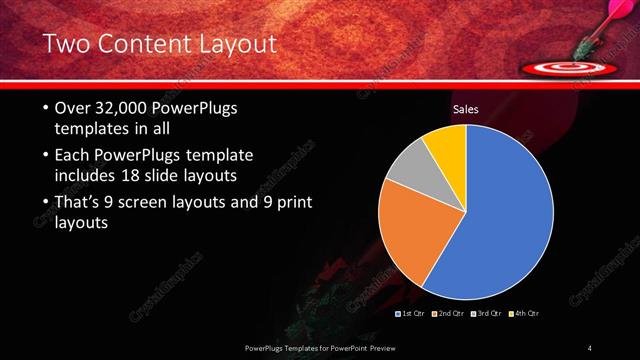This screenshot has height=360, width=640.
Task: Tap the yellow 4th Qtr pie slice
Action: click(446, 148)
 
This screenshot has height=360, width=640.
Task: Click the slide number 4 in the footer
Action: click(590, 347)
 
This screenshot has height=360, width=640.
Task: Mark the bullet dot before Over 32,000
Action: click(46, 108)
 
